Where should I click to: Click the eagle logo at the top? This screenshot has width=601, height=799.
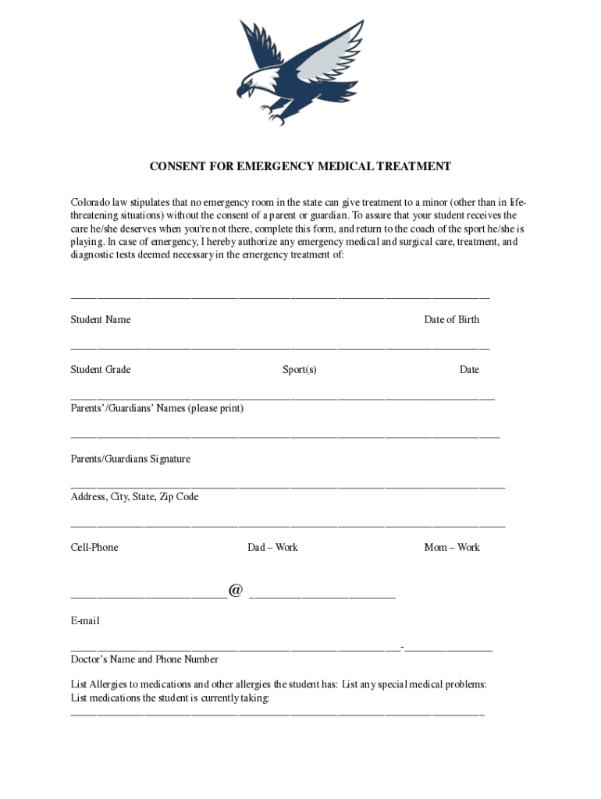[x=300, y=72]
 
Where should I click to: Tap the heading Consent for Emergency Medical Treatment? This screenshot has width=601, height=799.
[x=300, y=166]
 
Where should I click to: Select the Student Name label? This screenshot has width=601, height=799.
[x=101, y=320]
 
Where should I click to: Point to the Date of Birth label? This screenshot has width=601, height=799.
[x=451, y=320]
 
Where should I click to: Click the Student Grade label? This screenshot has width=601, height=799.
[x=101, y=370]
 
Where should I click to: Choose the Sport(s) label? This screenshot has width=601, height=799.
[x=300, y=370]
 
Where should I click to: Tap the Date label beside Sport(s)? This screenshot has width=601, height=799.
[x=469, y=370]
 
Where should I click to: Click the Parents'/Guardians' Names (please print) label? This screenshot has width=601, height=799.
[x=157, y=409]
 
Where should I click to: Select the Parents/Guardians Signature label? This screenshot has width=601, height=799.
[x=130, y=460]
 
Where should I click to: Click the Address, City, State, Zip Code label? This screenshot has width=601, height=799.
[x=134, y=497]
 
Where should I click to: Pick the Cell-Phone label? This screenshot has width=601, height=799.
[x=94, y=548]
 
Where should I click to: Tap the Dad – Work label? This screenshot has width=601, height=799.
[x=272, y=548]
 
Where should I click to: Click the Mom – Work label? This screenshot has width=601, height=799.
[x=452, y=548]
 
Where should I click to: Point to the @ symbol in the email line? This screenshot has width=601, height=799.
[x=236, y=591]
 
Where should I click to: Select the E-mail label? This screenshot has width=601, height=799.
[x=85, y=622]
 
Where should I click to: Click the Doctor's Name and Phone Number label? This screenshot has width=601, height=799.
[x=144, y=660]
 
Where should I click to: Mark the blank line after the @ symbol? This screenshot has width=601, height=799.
[x=322, y=597]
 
